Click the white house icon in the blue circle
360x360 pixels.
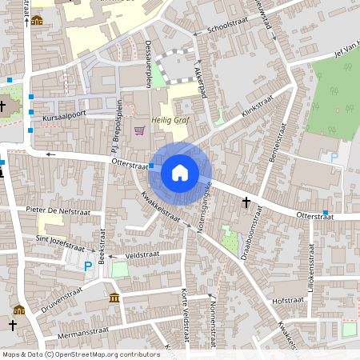[x=180, y=172]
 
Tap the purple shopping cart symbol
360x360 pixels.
[x=141, y=130]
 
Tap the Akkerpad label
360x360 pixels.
[x=199, y=81]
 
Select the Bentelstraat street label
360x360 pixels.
[x=281, y=137]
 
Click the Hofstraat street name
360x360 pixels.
[x=288, y=300]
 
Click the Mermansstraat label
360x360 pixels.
[x=76, y=331]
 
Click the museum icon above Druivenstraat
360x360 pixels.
[x=114, y=298]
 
